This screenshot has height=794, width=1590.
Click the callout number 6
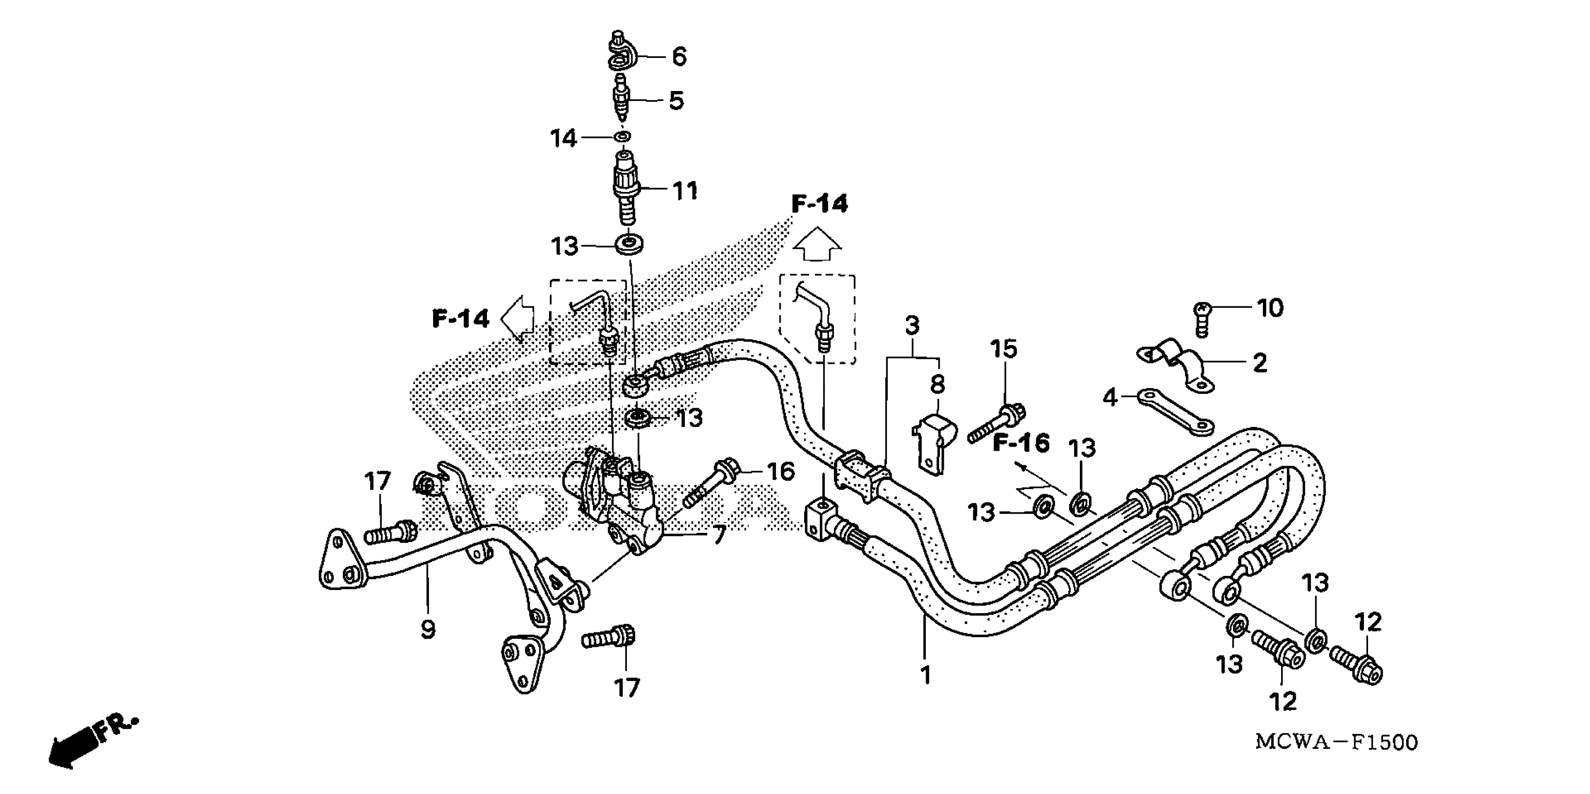[x=679, y=57]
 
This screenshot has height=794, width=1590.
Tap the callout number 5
[x=677, y=100]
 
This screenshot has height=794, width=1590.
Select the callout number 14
[x=563, y=139]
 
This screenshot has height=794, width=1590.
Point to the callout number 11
[x=684, y=191]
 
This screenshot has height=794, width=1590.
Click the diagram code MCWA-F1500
[x=1336, y=742]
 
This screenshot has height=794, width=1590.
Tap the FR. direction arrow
[x=93, y=744]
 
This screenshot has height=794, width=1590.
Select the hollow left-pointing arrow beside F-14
[x=518, y=317]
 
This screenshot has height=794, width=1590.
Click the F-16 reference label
[x=1021, y=443]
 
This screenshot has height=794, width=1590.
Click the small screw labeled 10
[x=1201, y=319]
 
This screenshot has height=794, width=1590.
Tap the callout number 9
[x=427, y=629]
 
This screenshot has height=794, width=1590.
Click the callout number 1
[x=925, y=675]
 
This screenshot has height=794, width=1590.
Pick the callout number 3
[x=912, y=325]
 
